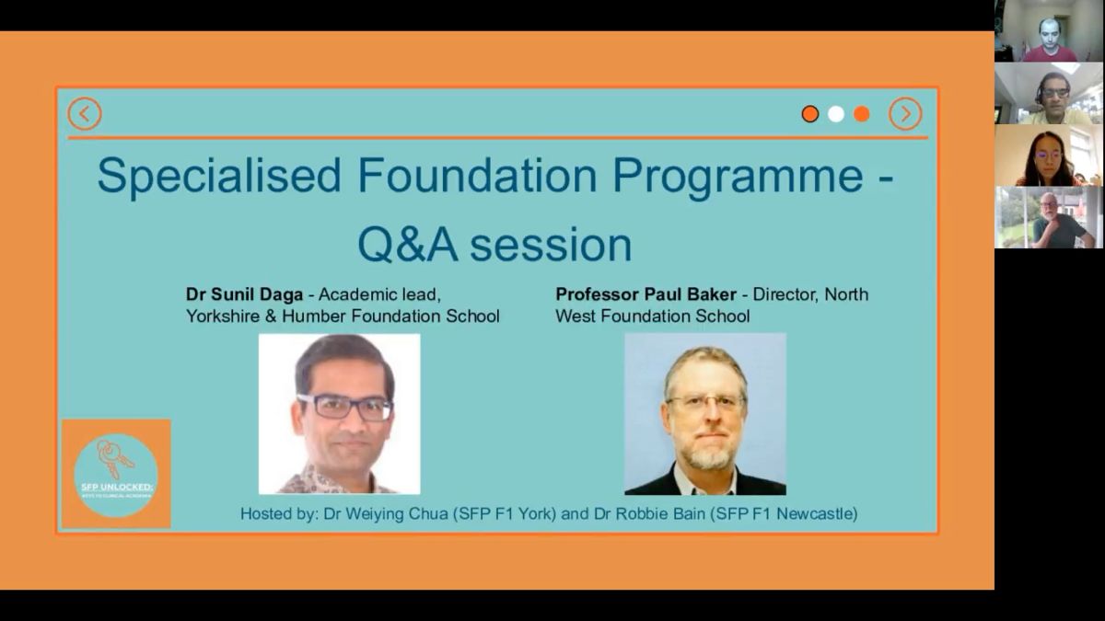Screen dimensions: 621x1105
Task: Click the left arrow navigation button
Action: point(85,114)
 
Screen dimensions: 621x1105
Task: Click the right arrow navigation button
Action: point(904,114)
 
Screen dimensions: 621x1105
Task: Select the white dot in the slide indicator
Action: point(835,114)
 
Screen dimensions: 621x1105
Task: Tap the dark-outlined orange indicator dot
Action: point(809,114)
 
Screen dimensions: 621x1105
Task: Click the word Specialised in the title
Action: point(219,176)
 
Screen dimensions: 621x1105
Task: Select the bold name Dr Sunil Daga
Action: point(244,294)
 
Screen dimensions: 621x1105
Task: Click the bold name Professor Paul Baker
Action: point(646,294)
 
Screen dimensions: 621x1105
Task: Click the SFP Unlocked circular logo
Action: point(115,475)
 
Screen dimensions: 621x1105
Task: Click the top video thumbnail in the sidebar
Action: point(1049,31)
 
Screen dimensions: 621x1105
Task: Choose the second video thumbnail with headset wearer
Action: point(1049,93)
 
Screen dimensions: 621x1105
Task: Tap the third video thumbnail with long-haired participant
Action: point(1049,155)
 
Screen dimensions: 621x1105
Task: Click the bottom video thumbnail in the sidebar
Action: point(1049,218)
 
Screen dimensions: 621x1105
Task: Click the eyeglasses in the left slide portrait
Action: point(344,407)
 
